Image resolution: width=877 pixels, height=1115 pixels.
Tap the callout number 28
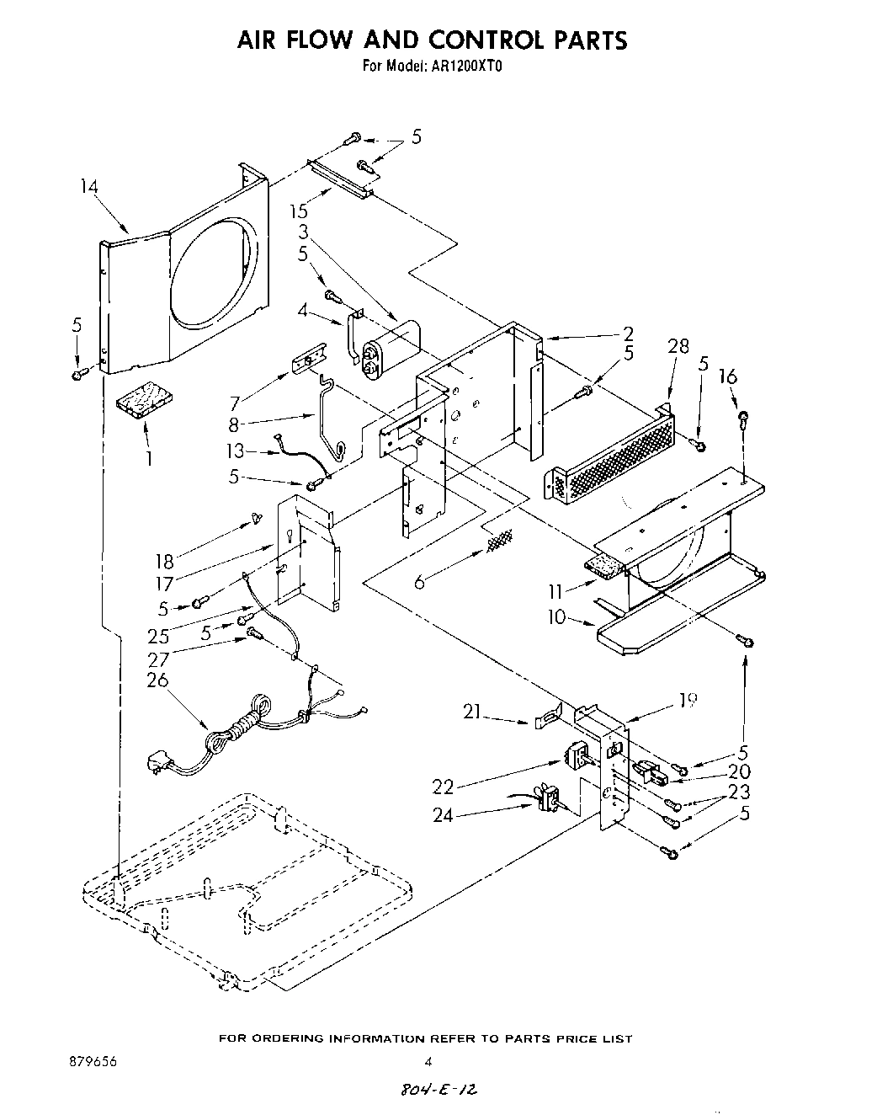point(678,346)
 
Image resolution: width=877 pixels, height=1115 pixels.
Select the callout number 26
point(157,679)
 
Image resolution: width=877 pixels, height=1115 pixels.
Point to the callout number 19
point(688,699)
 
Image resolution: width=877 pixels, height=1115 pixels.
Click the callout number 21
point(471,712)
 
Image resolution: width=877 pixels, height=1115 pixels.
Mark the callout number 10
point(556,617)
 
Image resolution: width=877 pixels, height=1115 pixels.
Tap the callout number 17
point(165,583)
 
